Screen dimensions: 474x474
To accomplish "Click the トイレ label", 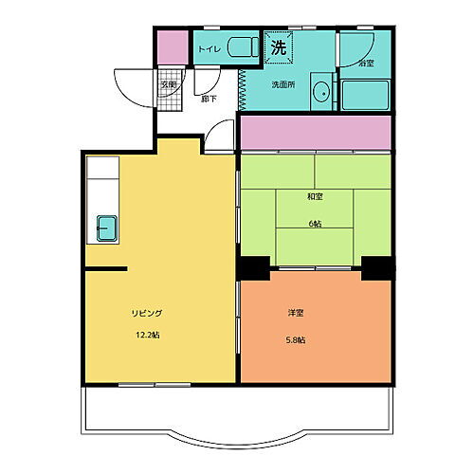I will click(209, 47).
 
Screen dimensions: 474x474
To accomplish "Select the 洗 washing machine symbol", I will click(278, 46).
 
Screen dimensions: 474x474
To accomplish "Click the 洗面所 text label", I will click(283, 84).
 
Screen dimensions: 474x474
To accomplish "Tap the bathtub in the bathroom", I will click(366, 95).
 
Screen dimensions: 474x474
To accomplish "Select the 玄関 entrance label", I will click(168, 84).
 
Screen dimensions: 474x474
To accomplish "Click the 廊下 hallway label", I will click(207, 99).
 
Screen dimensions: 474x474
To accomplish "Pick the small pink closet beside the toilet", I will click(170, 46).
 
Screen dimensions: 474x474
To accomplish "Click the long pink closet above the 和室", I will click(316, 133).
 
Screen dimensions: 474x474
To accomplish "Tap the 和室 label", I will click(314, 196).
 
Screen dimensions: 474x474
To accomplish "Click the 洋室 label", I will click(296, 313).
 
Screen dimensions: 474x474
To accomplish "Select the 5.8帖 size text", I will click(296, 340).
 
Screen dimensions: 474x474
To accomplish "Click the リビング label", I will click(147, 313).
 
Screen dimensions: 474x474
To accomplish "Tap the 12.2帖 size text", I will click(146, 335).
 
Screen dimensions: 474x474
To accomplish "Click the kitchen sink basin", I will click(106, 228).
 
